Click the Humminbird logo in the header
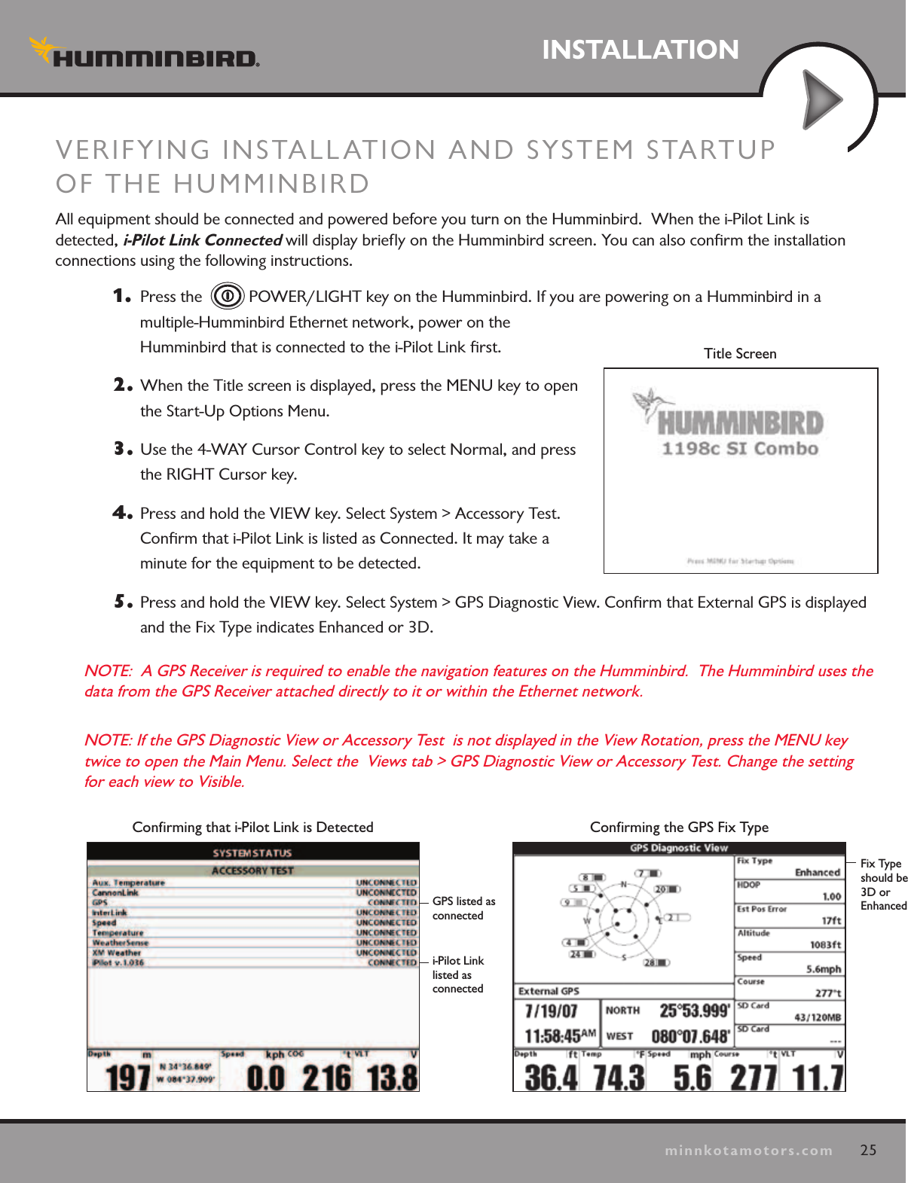pyautogui.click(x=145, y=54)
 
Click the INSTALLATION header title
pyautogui.click(x=640, y=50)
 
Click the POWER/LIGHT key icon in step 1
pyautogui.click(x=227, y=296)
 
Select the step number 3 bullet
pyautogui.click(x=122, y=450)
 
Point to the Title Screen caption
pyautogui.click(x=739, y=354)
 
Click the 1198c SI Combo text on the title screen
pyautogui.click(x=739, y=449)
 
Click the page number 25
pyautogui.click(x=868, y=1150)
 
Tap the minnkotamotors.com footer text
pyautogui.click(x=748, y=1151)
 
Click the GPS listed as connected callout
pyautogui.click(x=463, y=908)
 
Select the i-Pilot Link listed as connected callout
pyautogui.click(x=458, y=974)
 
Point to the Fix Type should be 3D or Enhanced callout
pyautogui.click(x=883, y=885)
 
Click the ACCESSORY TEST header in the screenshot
pyautogui.click(x=252, y=870)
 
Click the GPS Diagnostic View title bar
pyautogui.click(x=678, y=848)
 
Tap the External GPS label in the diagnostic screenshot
pyautogui.click(x=549, y=991)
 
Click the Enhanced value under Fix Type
pyautogui.click(x=817, y=873)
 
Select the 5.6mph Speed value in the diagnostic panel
pyautogui.click(x=823, y=969)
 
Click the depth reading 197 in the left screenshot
pyautogui.click(x=127, y=1077)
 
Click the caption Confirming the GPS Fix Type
pyautogui.click(x=679, y=828)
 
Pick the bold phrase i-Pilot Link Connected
pyautogui.click(x=202, y=240)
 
